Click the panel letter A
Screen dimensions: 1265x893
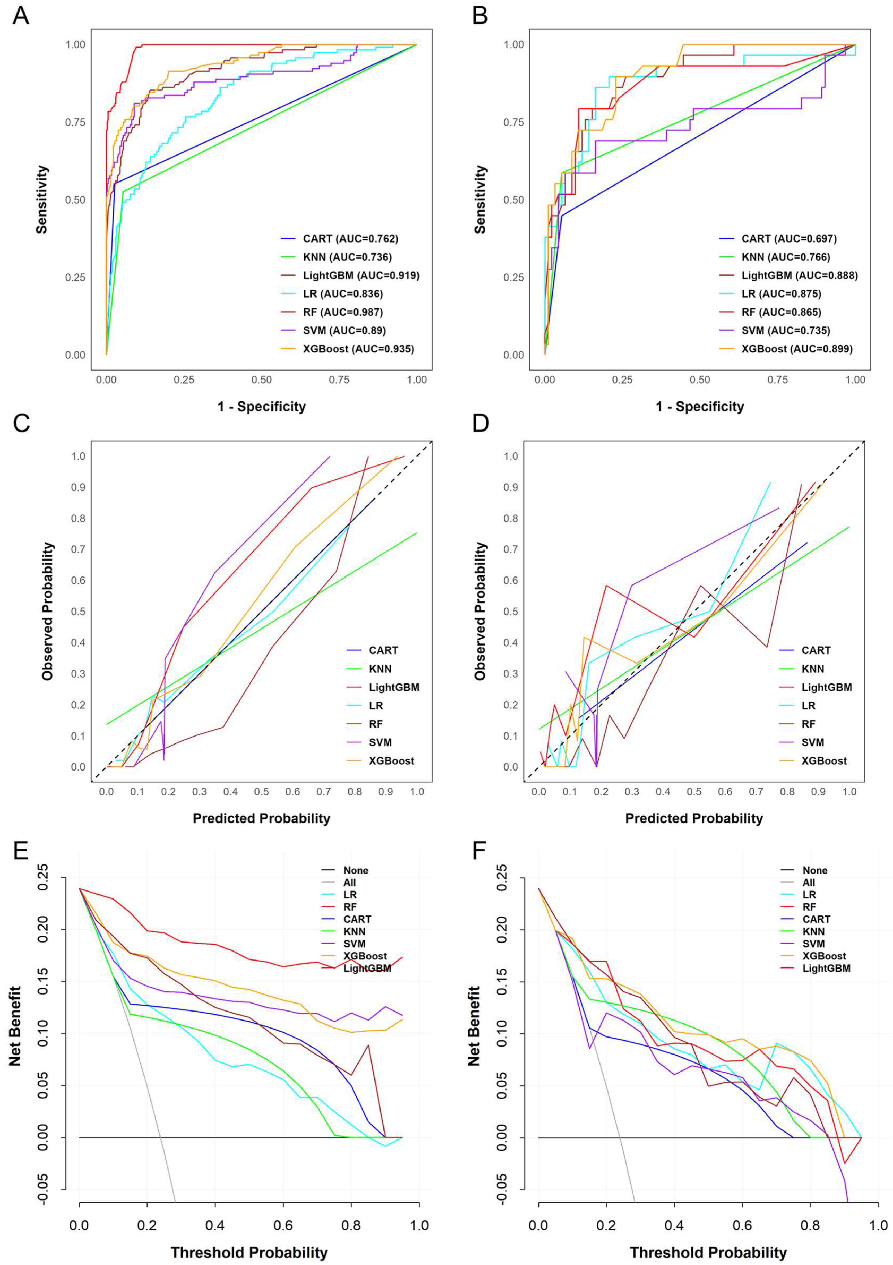pos(21,15)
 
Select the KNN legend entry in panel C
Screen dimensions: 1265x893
pos(380,669)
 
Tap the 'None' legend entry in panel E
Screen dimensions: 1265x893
pos(355,871)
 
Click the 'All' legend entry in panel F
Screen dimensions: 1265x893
pos(809,883)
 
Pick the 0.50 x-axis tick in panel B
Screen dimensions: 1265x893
pos(700,380)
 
